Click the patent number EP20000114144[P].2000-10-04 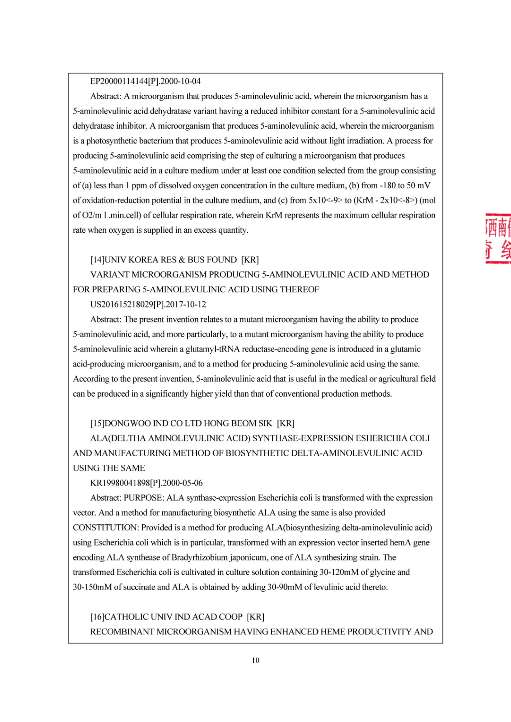(x=145, y=82)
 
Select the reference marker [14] (x=97, y=260)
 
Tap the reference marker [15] (x=97, y=424)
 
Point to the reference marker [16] (x=97, y=617)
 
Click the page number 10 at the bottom (x=255, y=661)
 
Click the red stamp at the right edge (x=497, y=239)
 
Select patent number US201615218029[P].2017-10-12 (x=148, y=305)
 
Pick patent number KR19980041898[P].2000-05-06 (x=146, y=483)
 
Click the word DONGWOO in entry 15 (x=127, y=424)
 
